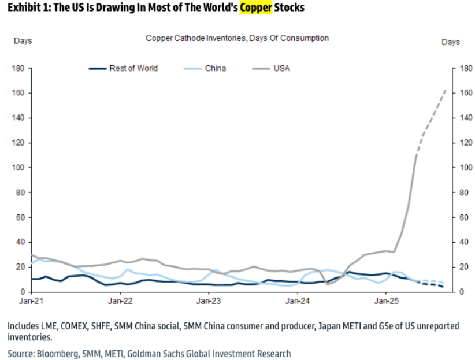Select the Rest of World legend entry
point(133,68)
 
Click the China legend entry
point(215,68)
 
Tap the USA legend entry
point(281,68)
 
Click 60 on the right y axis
point(464,218)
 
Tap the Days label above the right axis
point(450,42)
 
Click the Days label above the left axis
point(23,40)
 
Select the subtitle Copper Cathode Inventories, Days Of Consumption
point(237,38)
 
